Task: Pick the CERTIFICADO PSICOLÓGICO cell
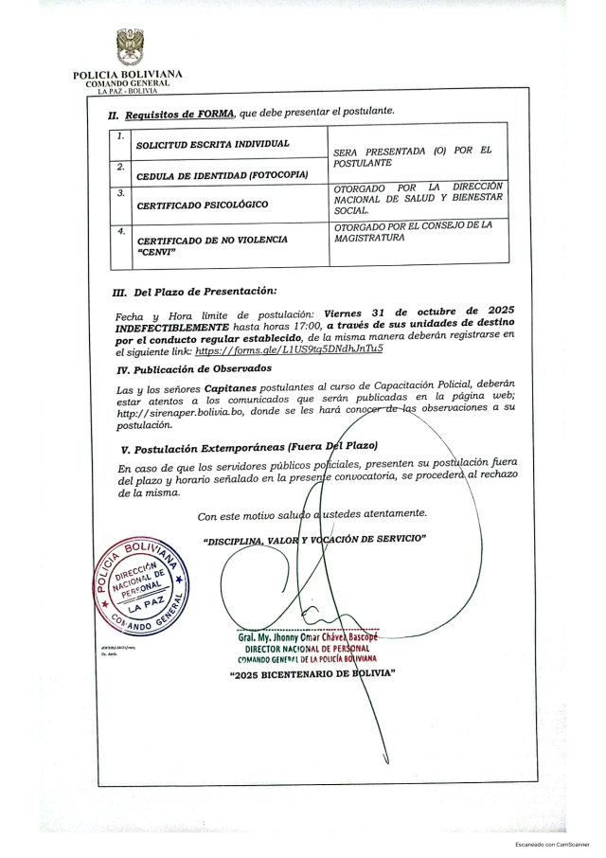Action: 202,205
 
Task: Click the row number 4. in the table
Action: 119,231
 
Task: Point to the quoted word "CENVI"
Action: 156,253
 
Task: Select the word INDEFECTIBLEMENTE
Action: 170,324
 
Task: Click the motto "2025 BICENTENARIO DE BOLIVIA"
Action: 312,673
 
